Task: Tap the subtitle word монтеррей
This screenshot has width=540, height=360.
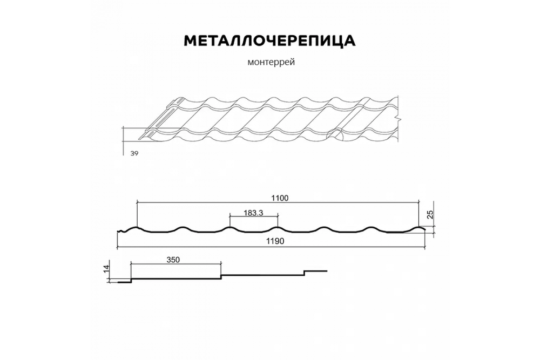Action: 270,62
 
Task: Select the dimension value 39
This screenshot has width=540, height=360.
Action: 133,154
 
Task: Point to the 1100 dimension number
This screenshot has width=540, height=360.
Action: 280,198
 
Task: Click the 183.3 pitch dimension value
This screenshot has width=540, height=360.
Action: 253,213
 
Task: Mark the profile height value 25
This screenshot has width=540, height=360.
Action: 430,215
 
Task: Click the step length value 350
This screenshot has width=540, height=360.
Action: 173,260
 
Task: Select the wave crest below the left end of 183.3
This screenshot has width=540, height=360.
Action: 230,227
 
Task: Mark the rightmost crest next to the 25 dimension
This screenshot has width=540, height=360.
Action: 420,227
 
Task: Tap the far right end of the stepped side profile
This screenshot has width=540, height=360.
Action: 327,270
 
